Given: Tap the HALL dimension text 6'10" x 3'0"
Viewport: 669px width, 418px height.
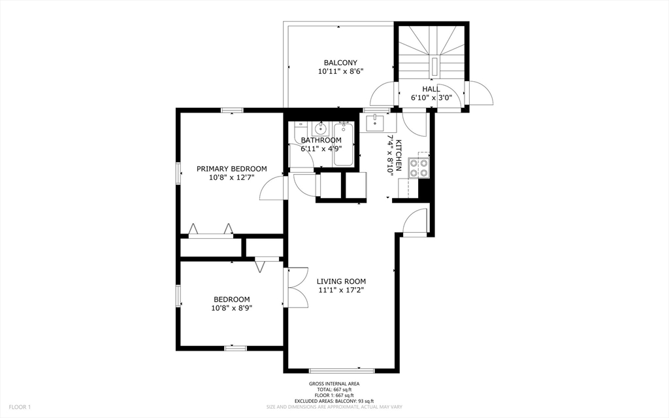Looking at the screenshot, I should click(x=431, y=97).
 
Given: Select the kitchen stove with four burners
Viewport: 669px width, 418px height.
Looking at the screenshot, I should click(x=419, y=168).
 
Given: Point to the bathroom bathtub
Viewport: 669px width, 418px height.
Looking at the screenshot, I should click(x=343, y=145).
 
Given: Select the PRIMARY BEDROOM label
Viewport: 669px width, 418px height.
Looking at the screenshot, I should click(x=231, y=169).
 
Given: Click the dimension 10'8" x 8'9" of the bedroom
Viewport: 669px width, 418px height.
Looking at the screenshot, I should click(x=231, y=307).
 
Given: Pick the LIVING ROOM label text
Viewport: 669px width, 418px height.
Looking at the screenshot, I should click(x=341, y=281).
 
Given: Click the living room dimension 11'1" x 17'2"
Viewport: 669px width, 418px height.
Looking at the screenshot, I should click(x=341, y=290).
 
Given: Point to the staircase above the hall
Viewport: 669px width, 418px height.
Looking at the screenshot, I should click(x=431, y=51).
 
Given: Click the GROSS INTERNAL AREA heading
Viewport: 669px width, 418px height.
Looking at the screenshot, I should click(x=334, y=384).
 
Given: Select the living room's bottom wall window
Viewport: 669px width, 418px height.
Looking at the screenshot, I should click(x=342, y=371).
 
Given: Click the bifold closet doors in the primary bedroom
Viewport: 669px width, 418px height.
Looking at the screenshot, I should click(x=211, y=230).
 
